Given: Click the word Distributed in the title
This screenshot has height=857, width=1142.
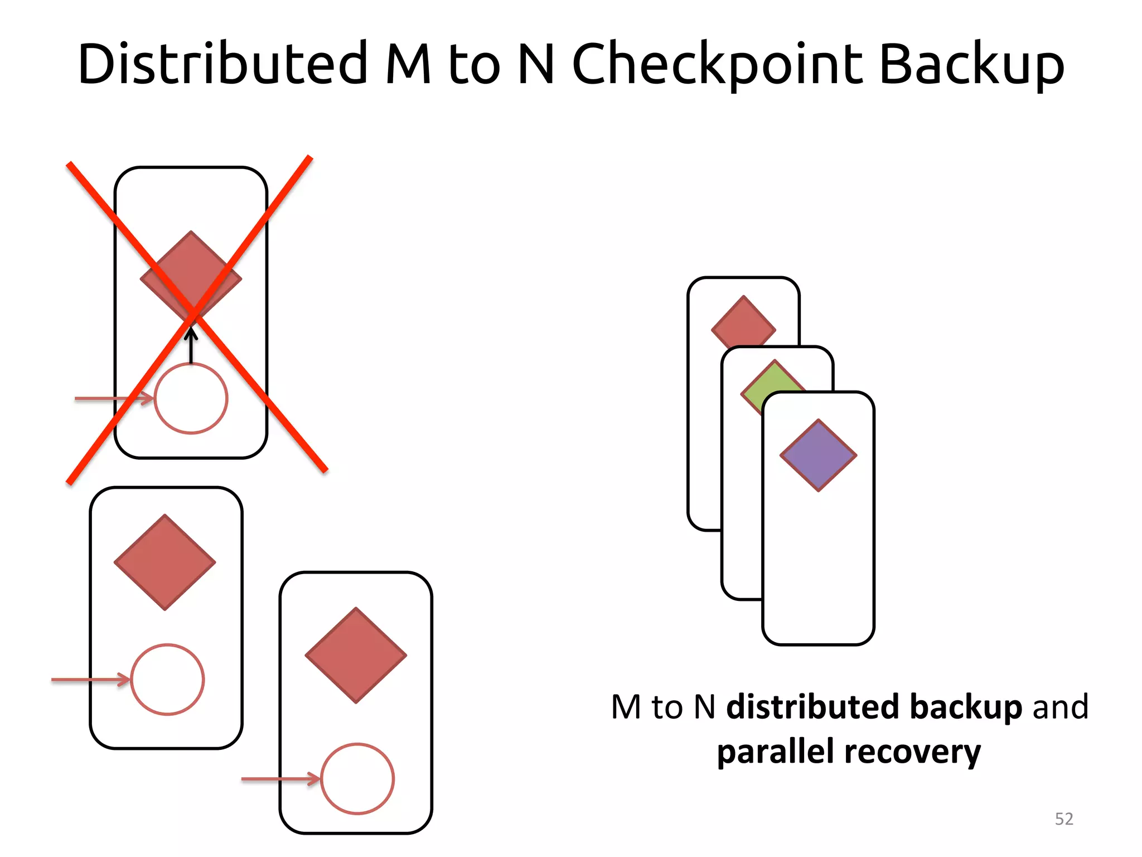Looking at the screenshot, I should click(223, 64).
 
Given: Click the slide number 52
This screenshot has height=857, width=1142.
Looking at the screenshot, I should click(1064, 819).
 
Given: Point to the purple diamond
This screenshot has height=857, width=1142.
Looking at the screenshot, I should click(818, 455).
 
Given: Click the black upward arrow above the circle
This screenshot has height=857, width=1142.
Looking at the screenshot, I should click(191, 346).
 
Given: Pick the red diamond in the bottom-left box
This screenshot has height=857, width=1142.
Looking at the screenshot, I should click(165, 562).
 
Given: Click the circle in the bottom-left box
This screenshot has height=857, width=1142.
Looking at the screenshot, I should click(167, 680).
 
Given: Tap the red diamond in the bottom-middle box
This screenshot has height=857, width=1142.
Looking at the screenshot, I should click(356, 655).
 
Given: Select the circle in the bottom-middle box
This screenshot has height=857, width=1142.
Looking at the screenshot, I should click(357, 779).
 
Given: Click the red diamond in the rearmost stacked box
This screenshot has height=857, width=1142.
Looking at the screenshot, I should click(743, 321).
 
